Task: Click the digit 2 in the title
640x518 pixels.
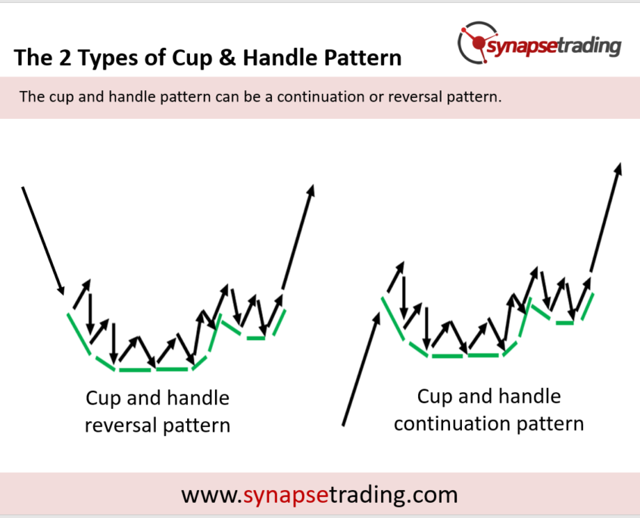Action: (65, 58)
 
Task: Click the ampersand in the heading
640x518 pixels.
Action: (227, 58)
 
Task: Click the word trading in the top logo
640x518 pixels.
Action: (589, 45)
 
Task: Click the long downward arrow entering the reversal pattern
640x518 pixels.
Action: (43, 240)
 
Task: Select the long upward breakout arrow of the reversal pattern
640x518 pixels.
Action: (298, 237)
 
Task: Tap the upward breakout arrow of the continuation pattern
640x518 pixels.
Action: (606, 217)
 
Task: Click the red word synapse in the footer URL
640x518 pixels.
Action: (286, 495)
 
